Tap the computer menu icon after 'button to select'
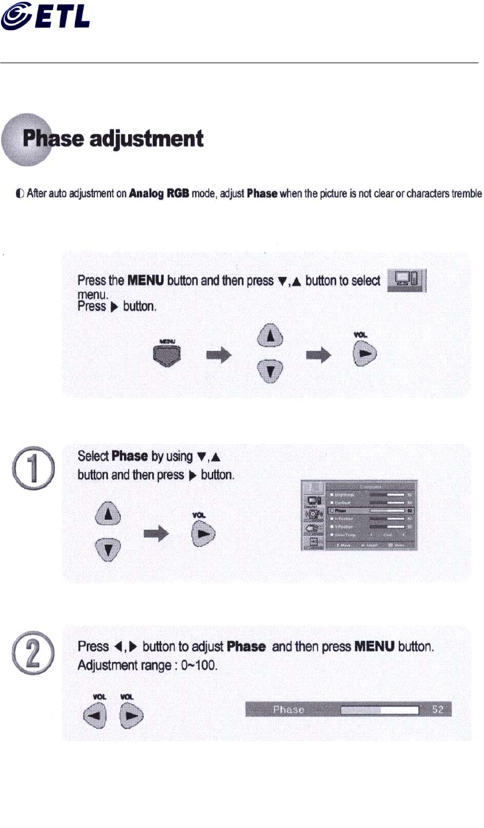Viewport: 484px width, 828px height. (406, 279)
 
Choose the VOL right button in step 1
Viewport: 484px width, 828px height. (202, 533)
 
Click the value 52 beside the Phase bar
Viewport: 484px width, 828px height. (437, 709)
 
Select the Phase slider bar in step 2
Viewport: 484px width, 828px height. (380, 709)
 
